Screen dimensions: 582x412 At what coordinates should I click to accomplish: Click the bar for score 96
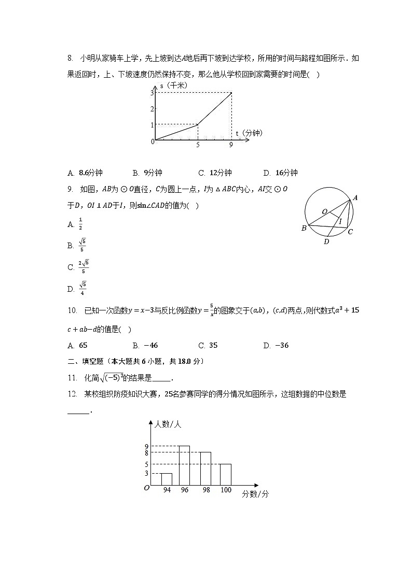point(184,465)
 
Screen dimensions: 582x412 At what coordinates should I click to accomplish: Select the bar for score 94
point(166,479)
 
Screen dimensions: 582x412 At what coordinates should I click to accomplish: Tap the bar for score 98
point(205,469)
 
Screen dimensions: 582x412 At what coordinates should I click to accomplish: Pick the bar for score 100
point(225,475)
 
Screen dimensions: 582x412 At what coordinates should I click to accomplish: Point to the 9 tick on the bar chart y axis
point(147,446)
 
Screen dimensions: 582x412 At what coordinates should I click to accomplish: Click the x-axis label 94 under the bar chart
point(166,490)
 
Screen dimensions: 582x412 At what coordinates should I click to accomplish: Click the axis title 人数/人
point(168,424)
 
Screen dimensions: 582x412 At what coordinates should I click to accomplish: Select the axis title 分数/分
point(255,494)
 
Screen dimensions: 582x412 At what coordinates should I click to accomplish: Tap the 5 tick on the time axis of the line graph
point(198,146)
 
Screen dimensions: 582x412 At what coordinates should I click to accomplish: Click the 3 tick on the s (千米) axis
point(152,93)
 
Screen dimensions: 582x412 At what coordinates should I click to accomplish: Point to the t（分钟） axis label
point(249,133)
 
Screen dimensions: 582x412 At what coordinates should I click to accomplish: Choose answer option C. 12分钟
point(215,173)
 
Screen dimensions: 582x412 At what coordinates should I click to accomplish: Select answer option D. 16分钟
point(280,173)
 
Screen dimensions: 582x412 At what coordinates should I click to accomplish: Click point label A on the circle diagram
point(355,197)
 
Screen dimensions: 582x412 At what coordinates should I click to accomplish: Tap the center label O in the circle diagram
point(324,211)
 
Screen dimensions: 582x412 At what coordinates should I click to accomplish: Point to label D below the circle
point(326,242)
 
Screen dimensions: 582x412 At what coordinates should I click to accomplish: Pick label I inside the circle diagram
point(340,222)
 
